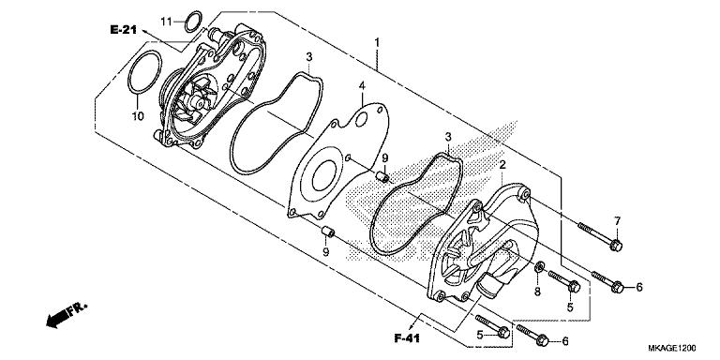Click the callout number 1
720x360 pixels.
pyautogui.click(x=377, y=42)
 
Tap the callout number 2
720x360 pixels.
pyautogui.click(x=503, y=165)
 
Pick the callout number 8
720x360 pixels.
pyautogui.click(x=537, y=292)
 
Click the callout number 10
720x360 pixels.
pyautogui.click(x=136, y=117)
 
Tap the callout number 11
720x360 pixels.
pyautogui.click(x=166, y=20)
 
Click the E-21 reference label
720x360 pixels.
pyautogui.click(x=124, y=31)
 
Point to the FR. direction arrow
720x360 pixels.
pyautogui.click(x=62, y=315)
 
